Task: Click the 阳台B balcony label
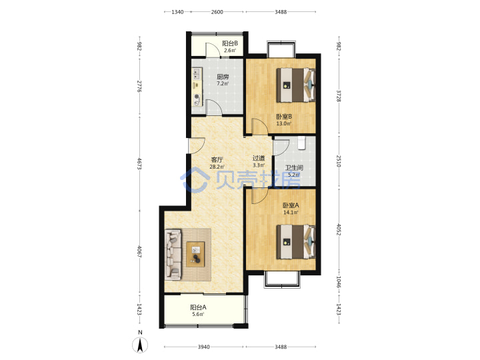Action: [230, 43]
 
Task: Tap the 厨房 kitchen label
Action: [223, 77]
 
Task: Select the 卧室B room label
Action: [284, 117]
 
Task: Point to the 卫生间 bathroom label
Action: [294, 168]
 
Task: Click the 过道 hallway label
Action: [259, 158]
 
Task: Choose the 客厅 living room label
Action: [217, 160]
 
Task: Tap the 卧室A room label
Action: [291, 205]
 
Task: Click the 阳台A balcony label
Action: [198, 307]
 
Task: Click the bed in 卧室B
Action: [296, 85]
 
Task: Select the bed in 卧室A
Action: [296, 242]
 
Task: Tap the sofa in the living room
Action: [173, 255]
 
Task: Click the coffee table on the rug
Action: [195, 254]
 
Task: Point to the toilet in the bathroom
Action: [301, 143]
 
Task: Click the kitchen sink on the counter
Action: [196, 74]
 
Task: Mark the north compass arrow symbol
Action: [140, 345]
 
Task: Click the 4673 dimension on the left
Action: [139, 163]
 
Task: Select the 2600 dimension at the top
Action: [217, 12]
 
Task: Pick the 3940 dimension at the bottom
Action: [203, 347]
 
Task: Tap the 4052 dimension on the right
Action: [339, 229]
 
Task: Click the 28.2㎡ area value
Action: [217, 167]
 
